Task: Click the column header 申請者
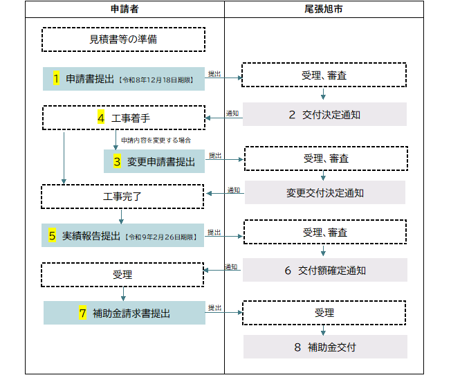point(125,9)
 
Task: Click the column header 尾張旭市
point(324,9)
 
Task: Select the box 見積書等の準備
point(123,39)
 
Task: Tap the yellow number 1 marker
point(57,79)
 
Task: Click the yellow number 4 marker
point(101,118)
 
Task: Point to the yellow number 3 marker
point(118,161)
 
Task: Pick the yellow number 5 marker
point(53,235)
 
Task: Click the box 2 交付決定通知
point(324,114)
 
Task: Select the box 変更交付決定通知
point(324,192)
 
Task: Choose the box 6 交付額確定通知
point(324,270)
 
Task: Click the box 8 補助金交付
point(324,347)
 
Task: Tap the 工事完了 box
point(123,197)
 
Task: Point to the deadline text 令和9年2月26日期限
point(161,237)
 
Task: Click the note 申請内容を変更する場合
point(156,140)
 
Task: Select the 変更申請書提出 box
point(154,161)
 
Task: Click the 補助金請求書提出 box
point(125,313)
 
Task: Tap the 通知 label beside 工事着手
point(232,113)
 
